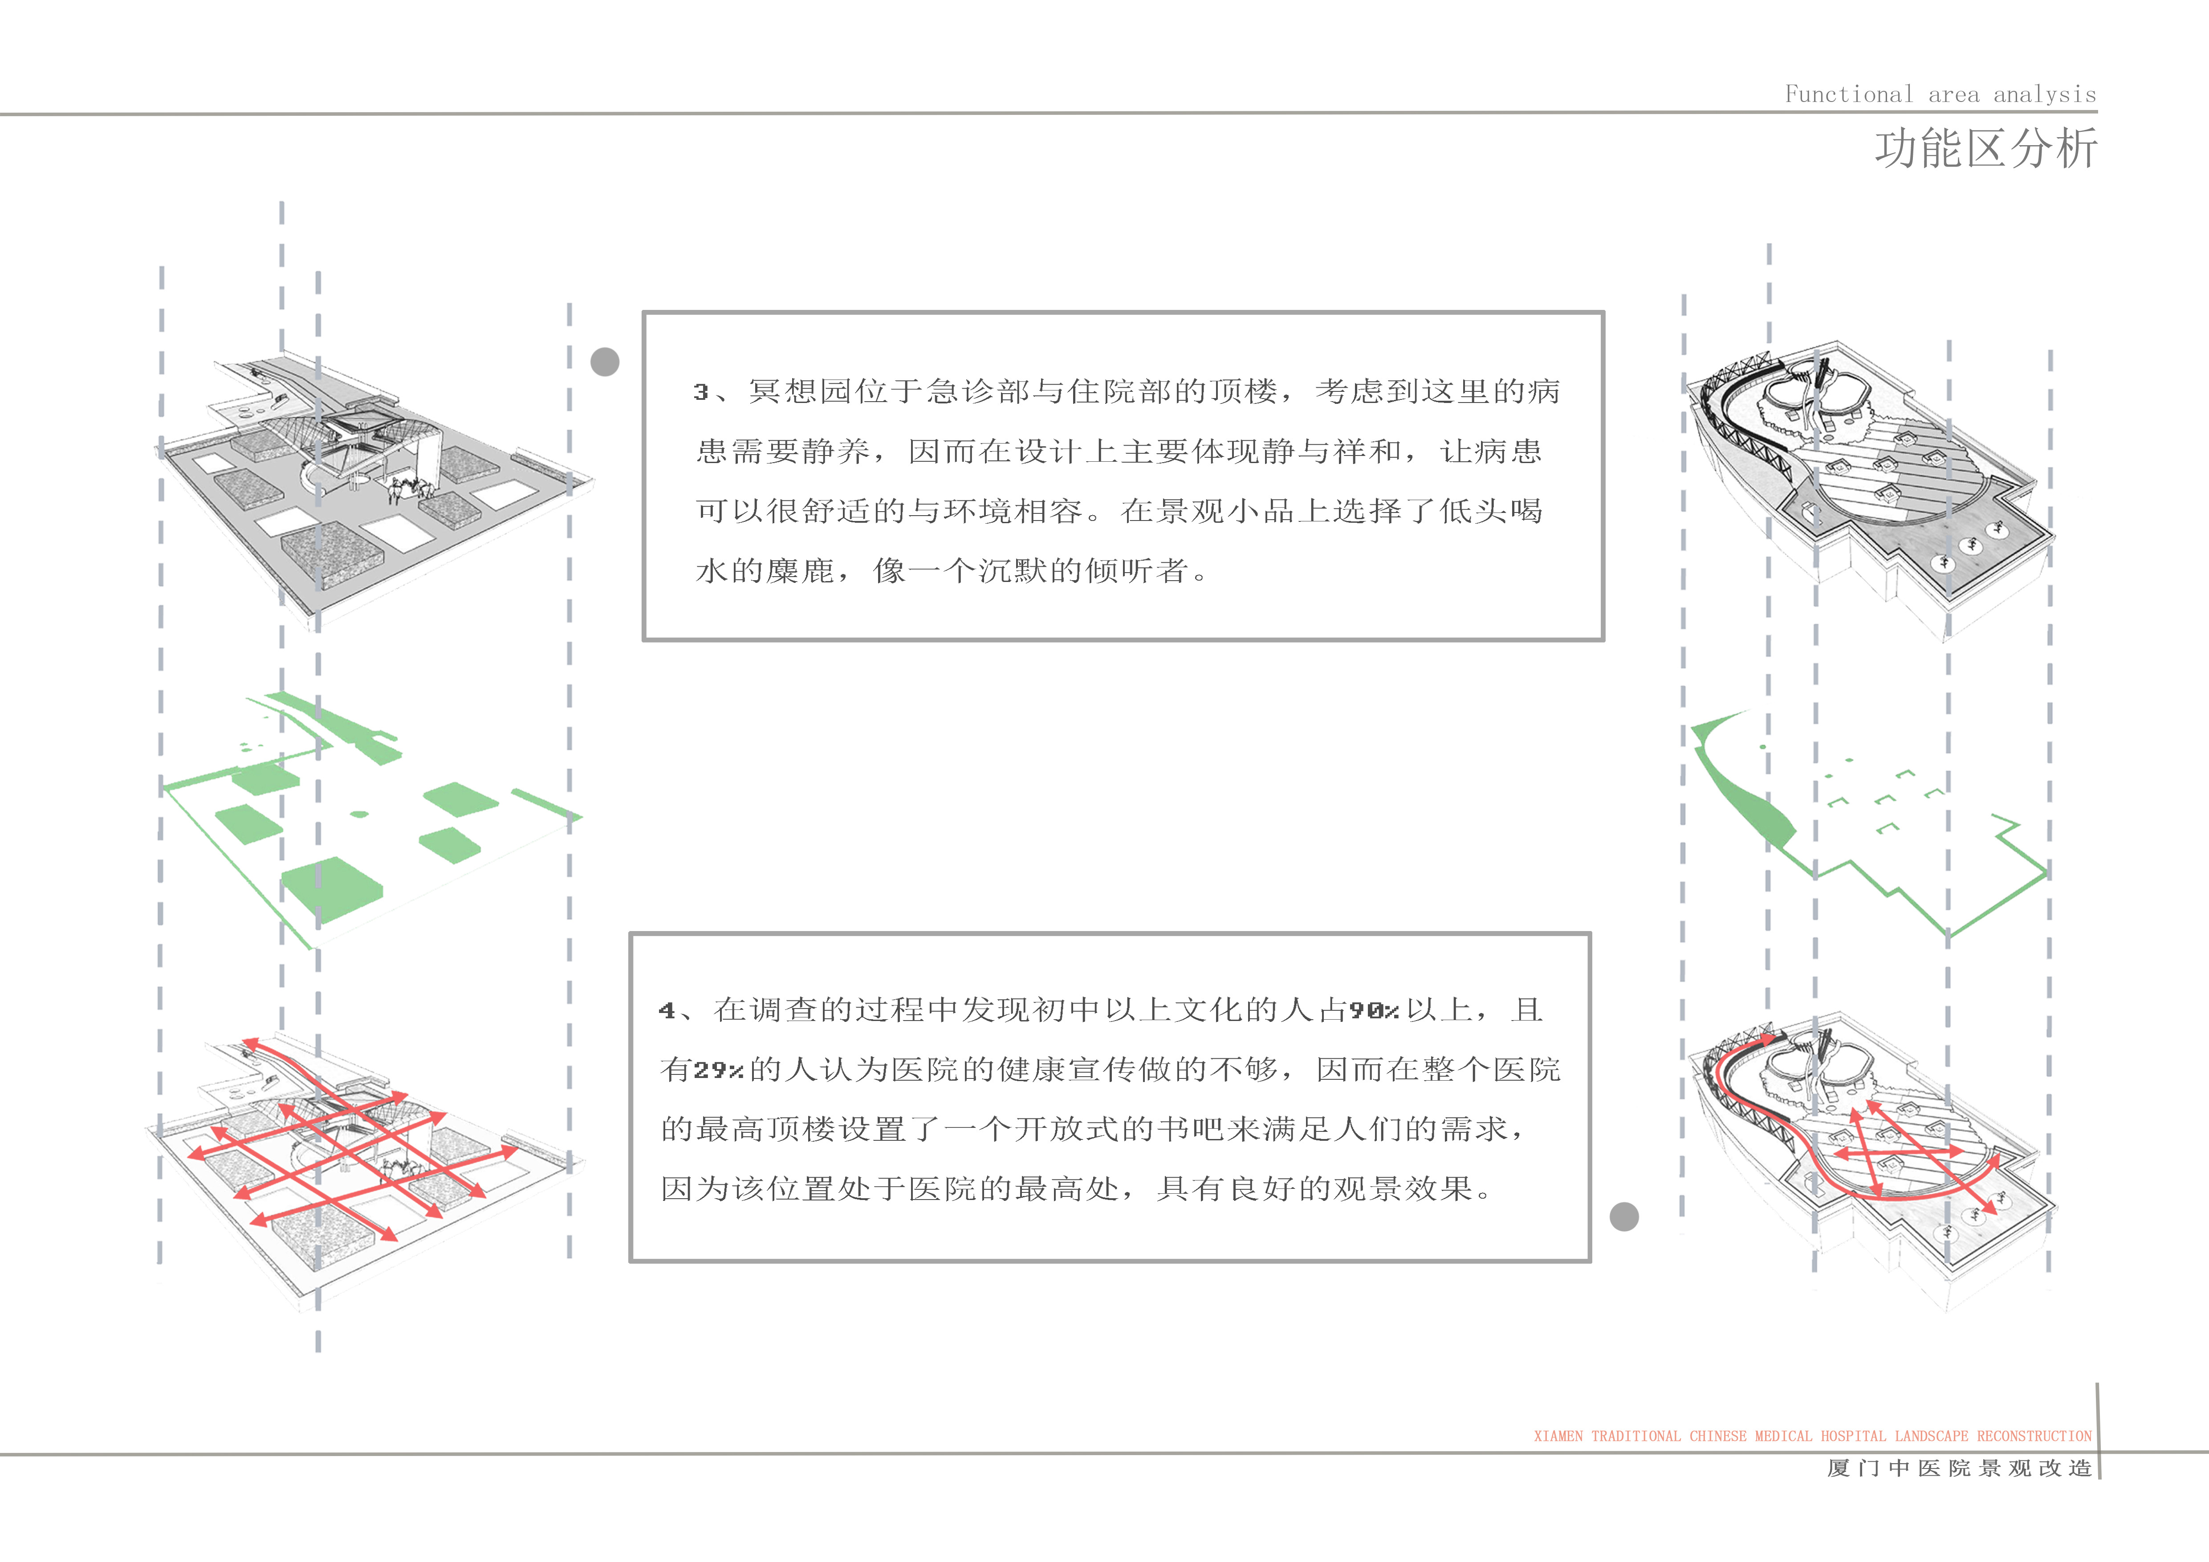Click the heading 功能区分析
pyautogui.click(x=1986, y=149)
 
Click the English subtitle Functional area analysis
pyautogui.click(x=1941, y=94)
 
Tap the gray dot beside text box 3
pyautogui.click(x=604, y=362)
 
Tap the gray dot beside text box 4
pyautogui.click(x=1624, y=1217)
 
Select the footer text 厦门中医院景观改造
pyautogui.click(x=1960, y=1468)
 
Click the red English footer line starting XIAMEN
pyautogui.click(x=1813, y=1436)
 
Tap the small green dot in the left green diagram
pyautogui.click(x=359, y=815)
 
